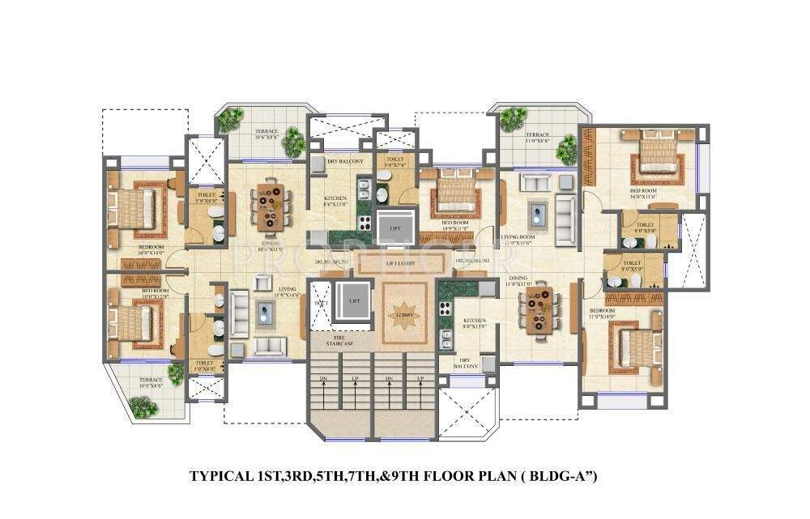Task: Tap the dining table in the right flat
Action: coord(540,312)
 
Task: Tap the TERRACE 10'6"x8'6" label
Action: coord(267,134)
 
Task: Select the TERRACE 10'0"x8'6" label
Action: coord(151,382)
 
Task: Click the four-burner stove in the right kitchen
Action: coord(445,307)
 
